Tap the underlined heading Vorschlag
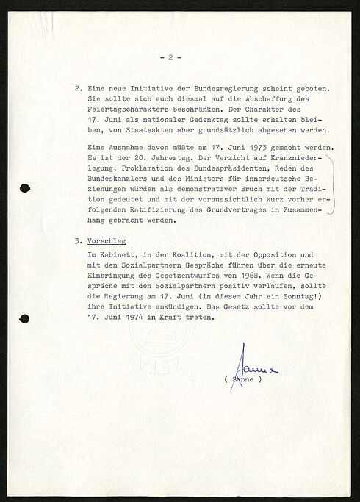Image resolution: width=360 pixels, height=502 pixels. [108, 240]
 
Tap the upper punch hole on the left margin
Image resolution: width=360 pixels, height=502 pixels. [24, 187]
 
